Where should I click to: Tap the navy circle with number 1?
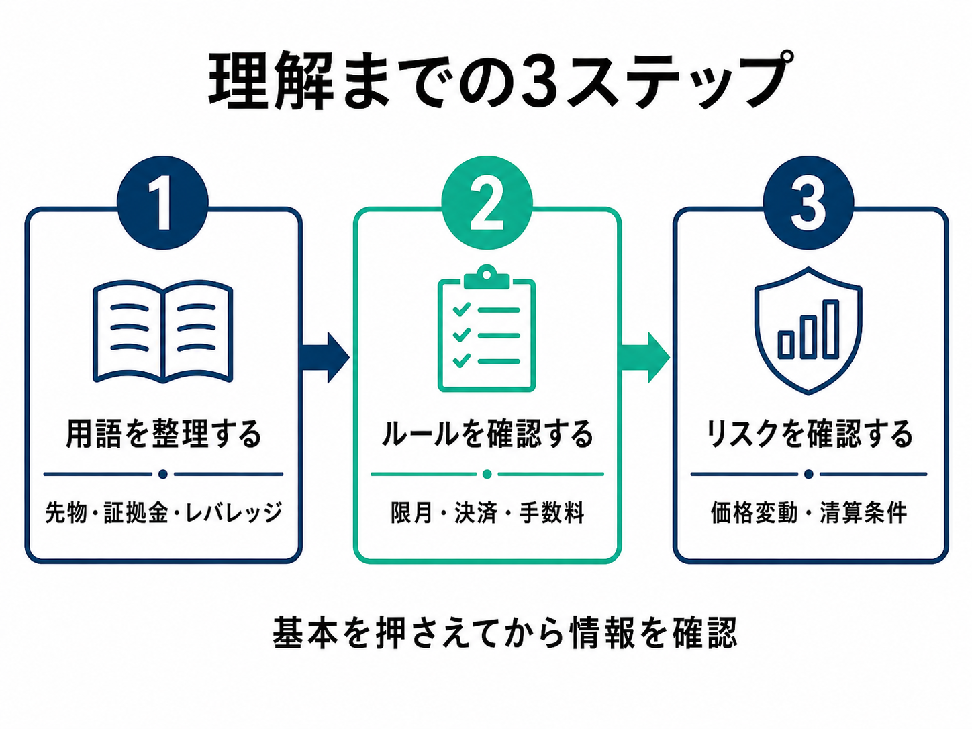(x=162, y=202)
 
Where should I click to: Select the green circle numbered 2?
(x=487, y=202)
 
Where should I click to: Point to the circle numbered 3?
(x=808, y=202)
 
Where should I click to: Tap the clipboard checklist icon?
(x=487, y=328)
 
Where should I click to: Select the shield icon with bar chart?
(x=808, y=331)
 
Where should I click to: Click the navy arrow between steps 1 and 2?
(x=326, y=357)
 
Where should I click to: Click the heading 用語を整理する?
(x=163, y=434)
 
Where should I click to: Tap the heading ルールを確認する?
(x=487, y=434)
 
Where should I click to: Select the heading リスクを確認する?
(x=809, y=434)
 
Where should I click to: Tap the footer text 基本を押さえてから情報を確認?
(x=505, y=633)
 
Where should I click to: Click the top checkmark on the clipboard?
(x=461, y=308)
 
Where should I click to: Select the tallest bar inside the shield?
(x=831, y=329)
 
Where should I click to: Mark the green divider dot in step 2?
(x=487, y=474)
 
